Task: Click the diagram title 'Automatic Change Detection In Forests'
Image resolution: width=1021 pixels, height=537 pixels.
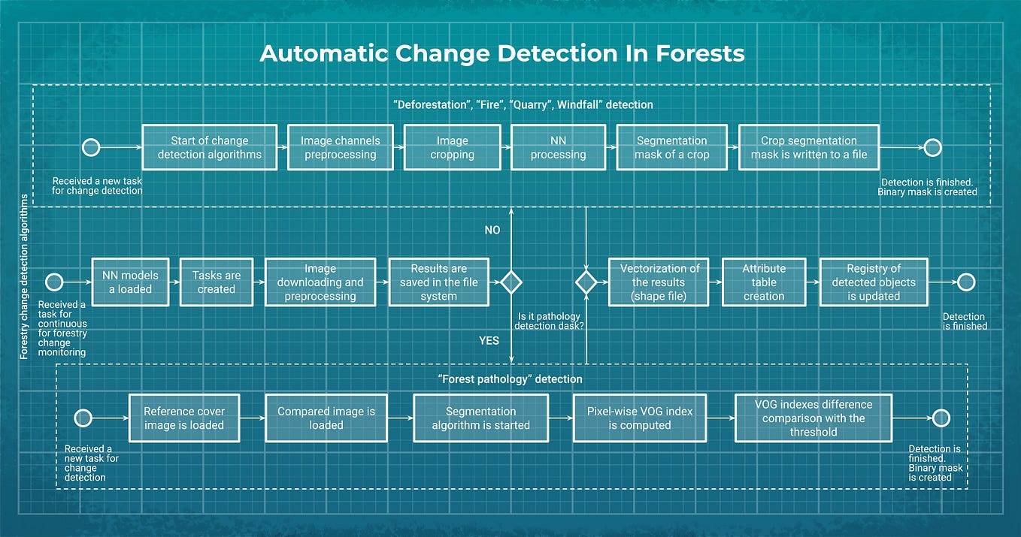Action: pyautogui.click(x=501, y=53)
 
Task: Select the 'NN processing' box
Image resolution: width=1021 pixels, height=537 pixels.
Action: pyautogui.click(x=558, y=147)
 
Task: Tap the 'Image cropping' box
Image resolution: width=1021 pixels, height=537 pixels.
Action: pyautogui.click(x=452, y=147)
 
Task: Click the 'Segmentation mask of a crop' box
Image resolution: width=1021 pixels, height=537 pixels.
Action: pyautogui.click(x=671, y=147)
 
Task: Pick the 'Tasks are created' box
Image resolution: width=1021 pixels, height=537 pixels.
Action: pyautogui.click(x=217, y=282)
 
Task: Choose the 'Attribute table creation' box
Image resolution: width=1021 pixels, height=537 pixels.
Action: pyautogui.click(x=764, y=282)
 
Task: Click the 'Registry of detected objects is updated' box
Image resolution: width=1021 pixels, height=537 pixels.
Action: pyautogui.click(x=873, y=282)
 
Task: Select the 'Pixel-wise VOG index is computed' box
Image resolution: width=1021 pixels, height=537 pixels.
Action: pyautogui.click(x=639, y=418)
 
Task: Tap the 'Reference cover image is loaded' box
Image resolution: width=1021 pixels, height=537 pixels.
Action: pyautogui.click(x=184, y=418)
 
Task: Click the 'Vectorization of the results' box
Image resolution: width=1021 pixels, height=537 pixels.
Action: pyautogui.click(x=659, y=282)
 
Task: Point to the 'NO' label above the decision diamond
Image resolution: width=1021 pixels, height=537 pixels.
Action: pyautogui.click(x=492, y=230)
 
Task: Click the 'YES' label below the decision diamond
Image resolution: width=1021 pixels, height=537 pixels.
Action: pyautogui.click(x=489, y=340)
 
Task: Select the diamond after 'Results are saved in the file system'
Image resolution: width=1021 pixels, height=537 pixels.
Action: pyautogui.click(x=511, y=282)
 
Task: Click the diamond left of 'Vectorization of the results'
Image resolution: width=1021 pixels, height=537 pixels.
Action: pyautogui.click(x=586, y=282)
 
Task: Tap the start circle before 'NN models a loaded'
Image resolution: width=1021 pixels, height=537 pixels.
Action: pyautogui.click(x=53, y=282)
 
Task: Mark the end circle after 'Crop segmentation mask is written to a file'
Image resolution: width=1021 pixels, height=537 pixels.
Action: pyautogui.click(x=932, y=147)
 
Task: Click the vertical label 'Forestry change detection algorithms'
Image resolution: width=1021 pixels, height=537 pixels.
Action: pyautogui.click(x=24, y=276)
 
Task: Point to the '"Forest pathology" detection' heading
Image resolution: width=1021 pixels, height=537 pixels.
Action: pyautogui.click(x=509, y=379)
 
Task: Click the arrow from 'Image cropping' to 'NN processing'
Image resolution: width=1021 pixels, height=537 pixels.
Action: pyautogui.click(x=505, y=147)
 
